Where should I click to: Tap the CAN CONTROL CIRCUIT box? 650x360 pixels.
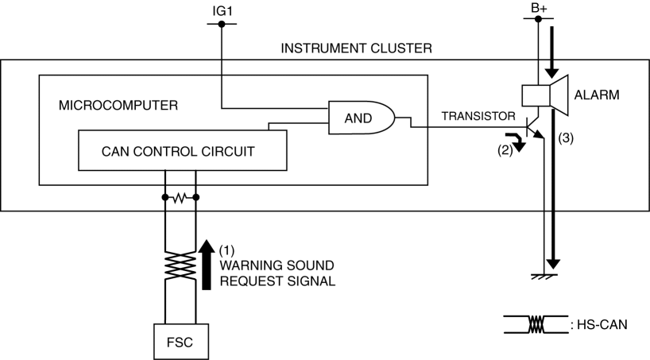click(181, 150)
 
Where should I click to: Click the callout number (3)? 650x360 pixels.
click(566, 137)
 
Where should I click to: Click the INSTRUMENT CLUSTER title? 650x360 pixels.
click(357, 48)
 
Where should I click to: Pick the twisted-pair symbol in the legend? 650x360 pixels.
click(536, 324)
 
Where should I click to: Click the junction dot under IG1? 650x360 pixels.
click(221, 25)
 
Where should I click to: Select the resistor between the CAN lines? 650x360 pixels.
click(180, 196)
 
